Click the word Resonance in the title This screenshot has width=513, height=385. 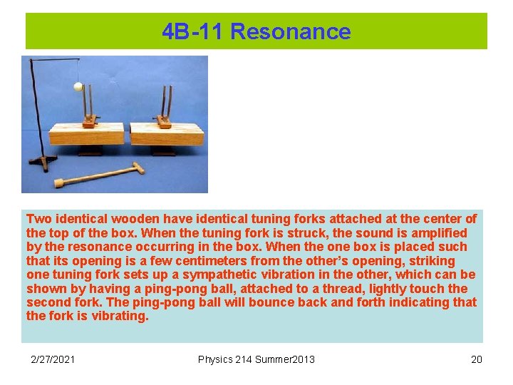click(291, 31)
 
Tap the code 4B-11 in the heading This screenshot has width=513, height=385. click(193, 31)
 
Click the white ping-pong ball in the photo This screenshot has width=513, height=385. click(78, 87)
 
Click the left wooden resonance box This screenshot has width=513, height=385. click(85, 133)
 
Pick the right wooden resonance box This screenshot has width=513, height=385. click(167, 133)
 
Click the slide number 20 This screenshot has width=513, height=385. click(476, 359)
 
